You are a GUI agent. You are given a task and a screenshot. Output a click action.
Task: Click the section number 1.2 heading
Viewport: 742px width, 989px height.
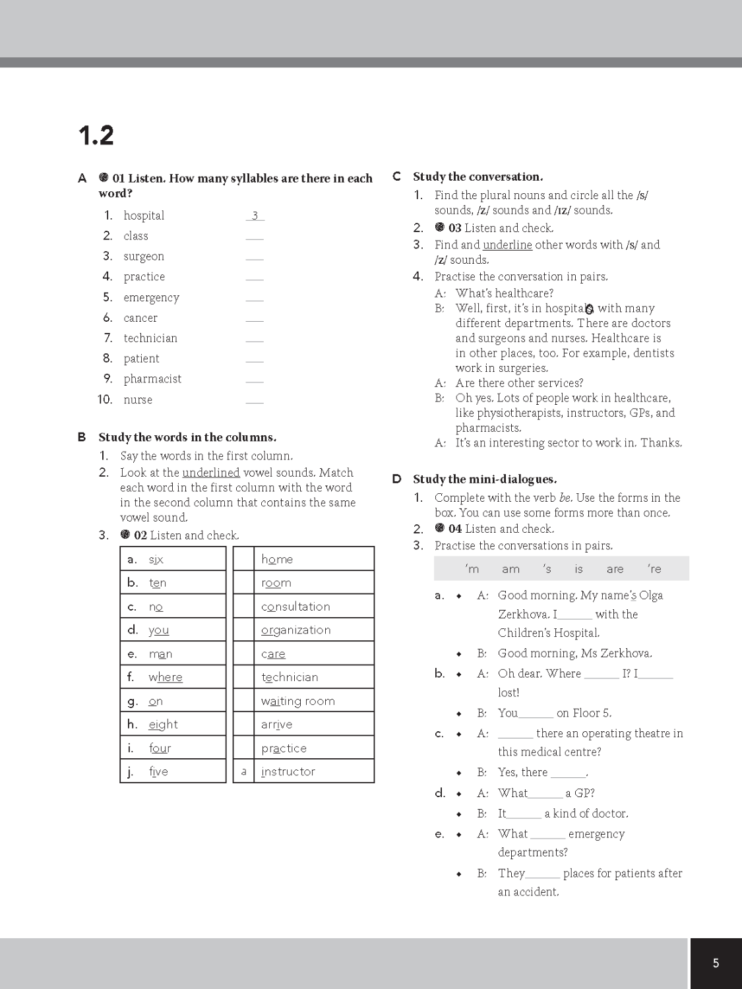[x=96, y=136]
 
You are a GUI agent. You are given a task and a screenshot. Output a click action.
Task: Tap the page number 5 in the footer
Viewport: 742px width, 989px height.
[x=716, y=963]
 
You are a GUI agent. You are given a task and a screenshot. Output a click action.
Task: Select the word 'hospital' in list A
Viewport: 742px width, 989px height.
[x=144, y=216]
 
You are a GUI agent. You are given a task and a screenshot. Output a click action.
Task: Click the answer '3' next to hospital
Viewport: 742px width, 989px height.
[x=255, y=216]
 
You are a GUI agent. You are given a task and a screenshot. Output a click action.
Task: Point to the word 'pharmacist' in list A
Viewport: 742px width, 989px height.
[x=152, y=379]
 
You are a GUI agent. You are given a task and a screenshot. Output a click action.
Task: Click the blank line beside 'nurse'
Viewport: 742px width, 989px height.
[x=255, y=400]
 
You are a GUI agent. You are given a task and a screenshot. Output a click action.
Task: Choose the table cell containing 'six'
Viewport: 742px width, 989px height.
[x=173, y=559]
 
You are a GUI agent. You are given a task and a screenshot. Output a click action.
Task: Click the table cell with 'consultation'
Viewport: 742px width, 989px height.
[x=313, y=607]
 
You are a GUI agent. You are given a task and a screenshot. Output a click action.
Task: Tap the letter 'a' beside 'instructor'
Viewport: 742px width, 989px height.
[x=243, y=771]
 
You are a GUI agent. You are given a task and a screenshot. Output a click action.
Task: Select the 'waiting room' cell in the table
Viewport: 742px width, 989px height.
[x=313, y=701]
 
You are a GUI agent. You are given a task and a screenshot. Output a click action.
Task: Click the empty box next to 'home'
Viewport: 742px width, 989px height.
[x=243, y=559]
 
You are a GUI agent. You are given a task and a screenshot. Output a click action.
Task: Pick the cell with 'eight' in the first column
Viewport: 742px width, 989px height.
[x=173, y=725]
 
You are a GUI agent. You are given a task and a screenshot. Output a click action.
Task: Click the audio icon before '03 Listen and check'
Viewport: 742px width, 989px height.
[x=440, y=227]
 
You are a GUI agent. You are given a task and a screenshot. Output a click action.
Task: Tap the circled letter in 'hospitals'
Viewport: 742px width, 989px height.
[x=590, y=309]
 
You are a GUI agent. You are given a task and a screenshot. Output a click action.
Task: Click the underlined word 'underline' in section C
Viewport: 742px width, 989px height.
[x=507, y=245]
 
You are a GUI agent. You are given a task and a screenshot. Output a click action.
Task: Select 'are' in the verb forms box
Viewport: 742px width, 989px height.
[x=615, y=569]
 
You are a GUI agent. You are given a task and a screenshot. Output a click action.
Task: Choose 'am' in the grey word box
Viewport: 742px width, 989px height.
[x=510, y=569]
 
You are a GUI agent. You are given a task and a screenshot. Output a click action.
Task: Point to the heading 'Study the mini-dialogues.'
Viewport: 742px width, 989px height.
[x=485, y=479]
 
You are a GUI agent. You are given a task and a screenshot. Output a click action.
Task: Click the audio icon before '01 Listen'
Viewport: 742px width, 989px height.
[x=104, y=178]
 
